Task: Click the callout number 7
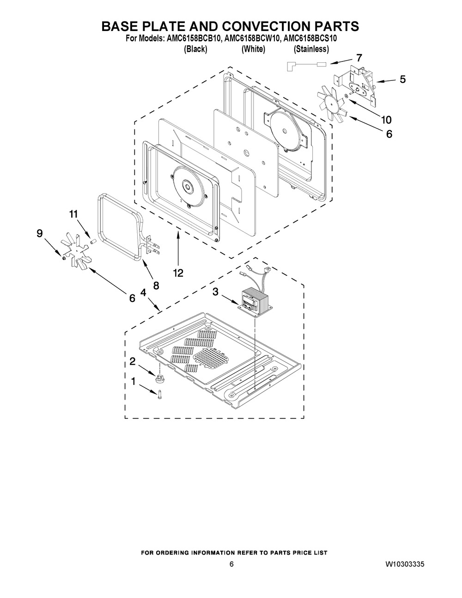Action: tap(359, 58)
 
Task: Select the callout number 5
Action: tap(402, 79)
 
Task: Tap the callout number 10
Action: tap(386, 120)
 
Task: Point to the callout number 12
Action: tap(178, 273)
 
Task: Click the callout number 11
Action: tap(73, 214)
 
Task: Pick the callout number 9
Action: tap(40, 234)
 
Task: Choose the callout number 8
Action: tap(156, 286)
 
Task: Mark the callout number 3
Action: tap(216, 292)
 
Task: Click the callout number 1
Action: tap(134, 382)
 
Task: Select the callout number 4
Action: tap(143, 293)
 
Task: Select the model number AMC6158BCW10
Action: tap(252, 39)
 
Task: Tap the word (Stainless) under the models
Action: tap(311, 49)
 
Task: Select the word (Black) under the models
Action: tap(195, 49)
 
